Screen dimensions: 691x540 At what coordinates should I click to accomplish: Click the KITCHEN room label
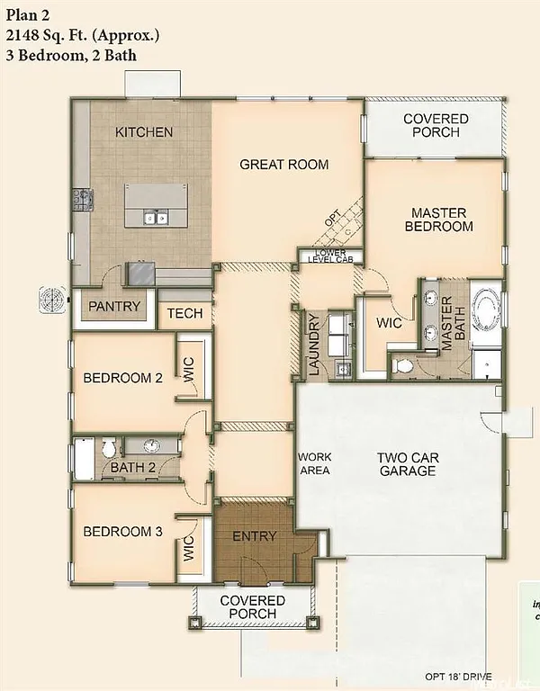click(144, 132)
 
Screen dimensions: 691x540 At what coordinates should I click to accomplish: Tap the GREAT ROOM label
click(283, 165)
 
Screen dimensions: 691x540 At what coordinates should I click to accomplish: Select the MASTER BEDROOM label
click(438, 220)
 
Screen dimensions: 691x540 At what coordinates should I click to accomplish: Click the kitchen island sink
click(154, 217)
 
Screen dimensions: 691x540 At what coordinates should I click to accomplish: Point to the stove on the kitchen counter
click(83, 199)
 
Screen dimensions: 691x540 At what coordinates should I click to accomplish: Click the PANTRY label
click(114, 306)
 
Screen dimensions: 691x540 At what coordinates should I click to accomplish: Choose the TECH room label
click(184, 314)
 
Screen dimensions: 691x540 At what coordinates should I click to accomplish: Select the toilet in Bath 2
click(109, 445)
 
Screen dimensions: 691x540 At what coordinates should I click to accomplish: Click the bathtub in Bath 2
click(83, 458)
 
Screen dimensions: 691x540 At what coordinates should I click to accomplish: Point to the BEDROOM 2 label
click(122, 378)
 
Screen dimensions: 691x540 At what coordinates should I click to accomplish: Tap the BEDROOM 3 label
click(122, 532)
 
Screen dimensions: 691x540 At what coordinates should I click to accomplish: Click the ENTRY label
click(255, 537)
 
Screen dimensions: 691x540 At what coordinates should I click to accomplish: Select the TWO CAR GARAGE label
click(408, 464)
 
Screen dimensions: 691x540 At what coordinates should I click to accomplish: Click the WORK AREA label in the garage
click(314, 463)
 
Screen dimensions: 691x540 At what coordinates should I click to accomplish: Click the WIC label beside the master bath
click(388, 321)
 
